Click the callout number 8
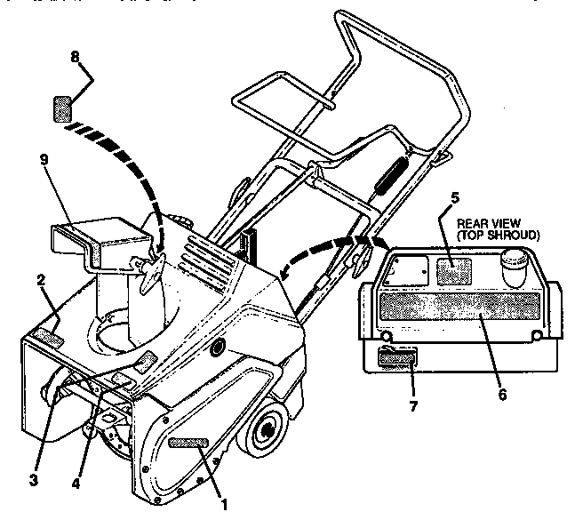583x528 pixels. (x=75, y=58)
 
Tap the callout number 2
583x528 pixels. (x=41, y=279)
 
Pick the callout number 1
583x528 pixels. (x=225, y=504)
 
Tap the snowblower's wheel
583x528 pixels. (x=266, y=432)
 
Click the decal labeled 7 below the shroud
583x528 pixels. (x=399, y=359)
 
